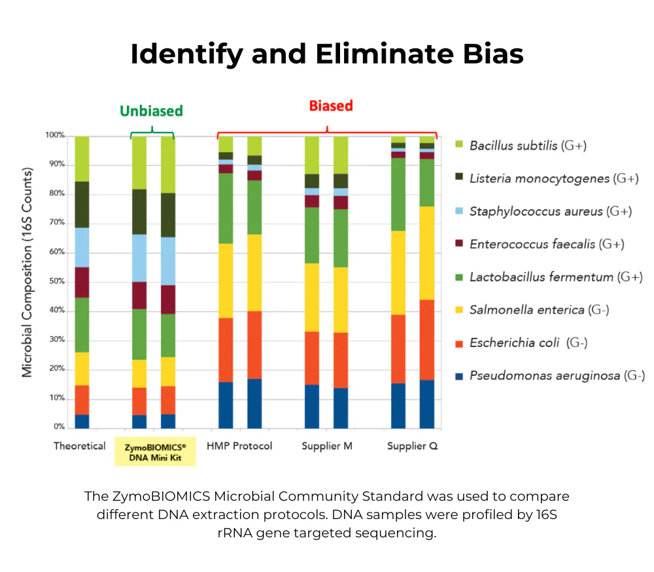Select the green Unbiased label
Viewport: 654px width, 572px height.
[151, 110]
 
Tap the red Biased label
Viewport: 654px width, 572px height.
[331, 106]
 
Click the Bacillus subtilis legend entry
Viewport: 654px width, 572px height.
[528, 145]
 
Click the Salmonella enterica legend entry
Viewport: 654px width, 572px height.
[539, 310]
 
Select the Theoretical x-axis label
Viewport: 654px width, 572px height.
[79, 446]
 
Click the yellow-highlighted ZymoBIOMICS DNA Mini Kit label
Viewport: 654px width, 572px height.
[155, 451]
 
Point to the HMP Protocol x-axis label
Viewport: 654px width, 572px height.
[239, 446]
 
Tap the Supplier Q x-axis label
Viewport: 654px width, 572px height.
[412, 446]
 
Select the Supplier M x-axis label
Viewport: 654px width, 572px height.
[327, 446]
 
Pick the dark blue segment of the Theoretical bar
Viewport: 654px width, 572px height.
[82, 421]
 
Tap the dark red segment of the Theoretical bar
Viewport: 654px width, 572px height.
[82, 282]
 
